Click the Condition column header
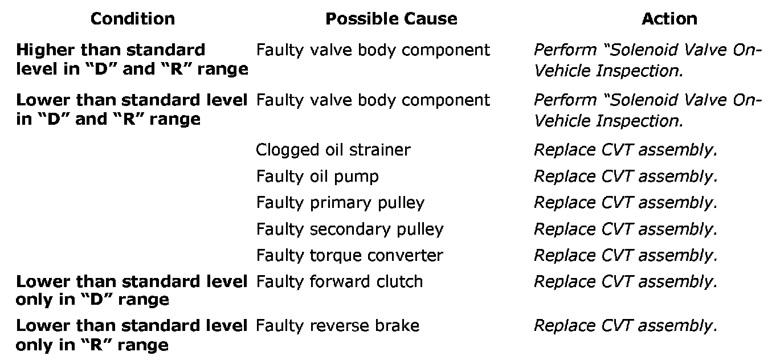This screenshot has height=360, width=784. pos(132,19)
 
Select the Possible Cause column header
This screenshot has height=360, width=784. pos(391,19)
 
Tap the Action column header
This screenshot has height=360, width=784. pos(669,19)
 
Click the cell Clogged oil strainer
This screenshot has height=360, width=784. pos(333,150)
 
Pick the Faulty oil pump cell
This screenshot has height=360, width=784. pos(317,177)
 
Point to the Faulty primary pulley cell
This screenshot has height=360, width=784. pos(340,203)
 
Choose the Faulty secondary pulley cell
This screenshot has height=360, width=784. pos(349,229)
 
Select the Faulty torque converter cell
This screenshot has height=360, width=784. pos(349,255)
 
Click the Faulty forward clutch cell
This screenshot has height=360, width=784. pos(340,281)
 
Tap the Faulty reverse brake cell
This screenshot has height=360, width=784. pos(337,326)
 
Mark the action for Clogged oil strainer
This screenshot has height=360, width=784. pos(625,150)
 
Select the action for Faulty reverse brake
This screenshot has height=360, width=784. pos(625,326)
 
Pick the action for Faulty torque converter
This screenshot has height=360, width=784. pos(625,255)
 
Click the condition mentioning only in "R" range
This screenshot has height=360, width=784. pos(132,336)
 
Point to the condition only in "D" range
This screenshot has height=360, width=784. pos(132,291)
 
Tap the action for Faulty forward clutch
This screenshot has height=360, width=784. pos(625,281)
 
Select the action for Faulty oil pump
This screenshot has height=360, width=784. pos(625,177)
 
